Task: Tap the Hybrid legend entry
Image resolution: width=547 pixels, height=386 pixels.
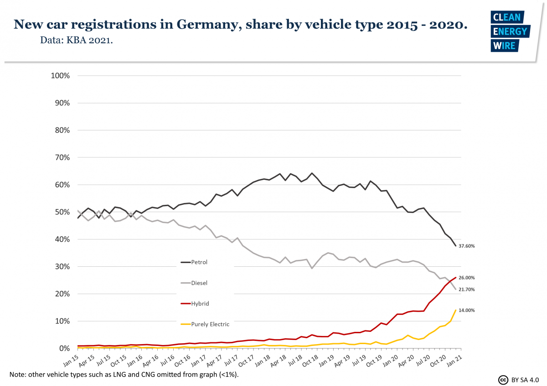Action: click(200, 303)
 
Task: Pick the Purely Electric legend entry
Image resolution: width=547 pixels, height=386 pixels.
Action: click(210, 324)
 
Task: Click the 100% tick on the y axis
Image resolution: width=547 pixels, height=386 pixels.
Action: click(60, 76)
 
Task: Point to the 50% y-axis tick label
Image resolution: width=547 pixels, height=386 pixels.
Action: click(62, 212)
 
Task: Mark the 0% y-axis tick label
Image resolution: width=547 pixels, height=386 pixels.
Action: click(64, 348)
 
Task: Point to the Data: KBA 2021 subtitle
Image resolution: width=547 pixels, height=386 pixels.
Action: click(77, 41)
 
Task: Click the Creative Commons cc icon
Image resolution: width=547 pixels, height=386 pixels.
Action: click(503, 379)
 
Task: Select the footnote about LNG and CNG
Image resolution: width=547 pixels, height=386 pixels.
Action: click(124, 375)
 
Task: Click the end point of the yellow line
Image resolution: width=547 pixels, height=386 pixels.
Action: click(455, 310)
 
